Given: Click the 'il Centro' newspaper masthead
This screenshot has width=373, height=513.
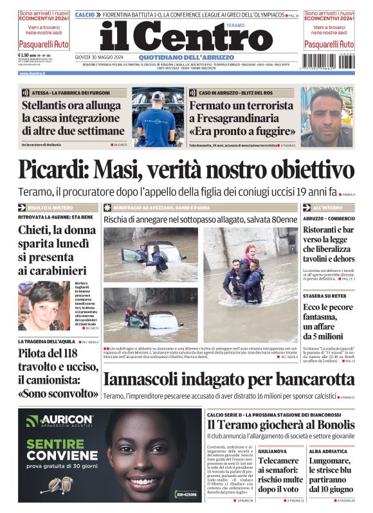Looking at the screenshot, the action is (x=186, y=37).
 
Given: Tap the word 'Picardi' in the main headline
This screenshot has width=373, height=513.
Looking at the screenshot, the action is (x=53, y=170).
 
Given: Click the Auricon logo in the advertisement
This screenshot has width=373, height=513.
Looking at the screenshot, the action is (x=60, y=422).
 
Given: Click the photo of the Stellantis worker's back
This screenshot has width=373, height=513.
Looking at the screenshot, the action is (x=158, y=117).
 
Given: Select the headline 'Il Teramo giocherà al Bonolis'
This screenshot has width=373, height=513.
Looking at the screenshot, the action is (x=280, y=426).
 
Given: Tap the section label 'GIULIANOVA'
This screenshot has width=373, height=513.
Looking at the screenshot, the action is (x=273, y=451).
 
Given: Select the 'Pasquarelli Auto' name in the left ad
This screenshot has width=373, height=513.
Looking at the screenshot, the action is (x=43, y=44).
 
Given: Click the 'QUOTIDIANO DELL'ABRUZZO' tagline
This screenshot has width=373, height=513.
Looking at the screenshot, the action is (x=186, y=57).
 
